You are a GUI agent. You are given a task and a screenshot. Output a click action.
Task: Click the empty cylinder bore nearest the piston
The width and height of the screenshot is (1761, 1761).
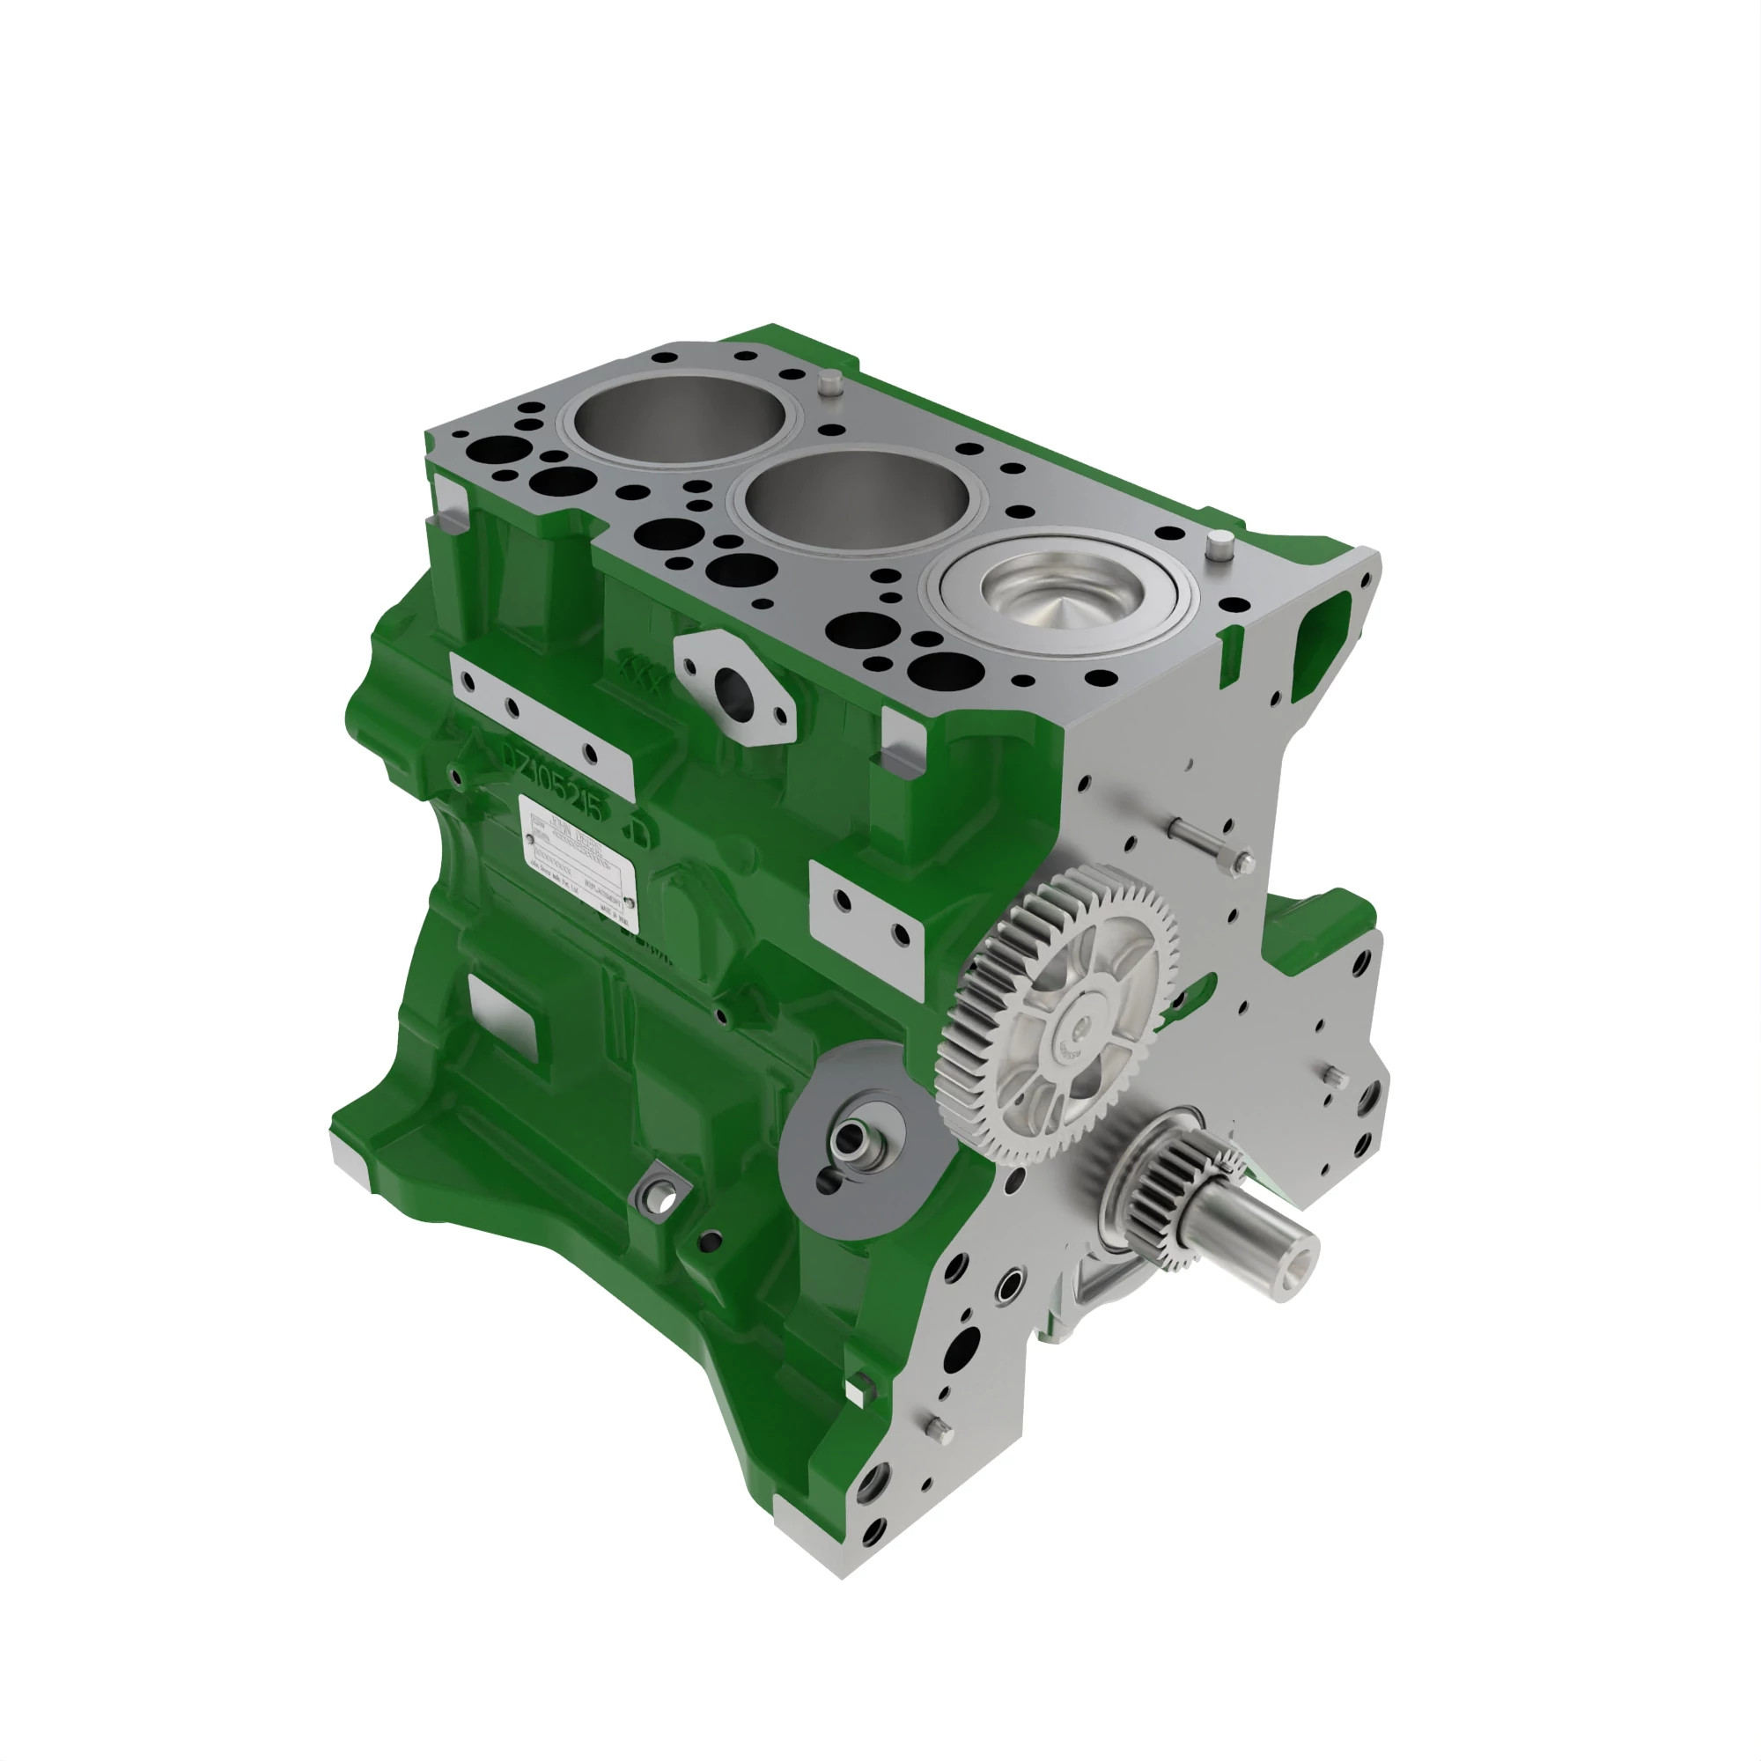pos(857,500)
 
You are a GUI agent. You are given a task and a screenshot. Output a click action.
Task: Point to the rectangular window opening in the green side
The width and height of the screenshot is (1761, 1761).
pos(507,1012)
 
